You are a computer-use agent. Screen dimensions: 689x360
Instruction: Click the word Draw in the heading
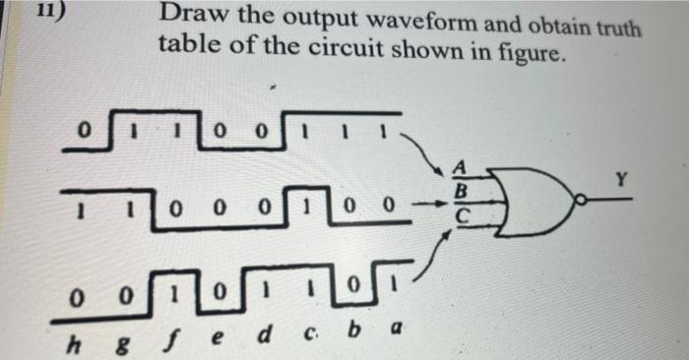(x=189, y=16)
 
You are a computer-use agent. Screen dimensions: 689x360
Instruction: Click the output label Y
(x=618, y=179)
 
